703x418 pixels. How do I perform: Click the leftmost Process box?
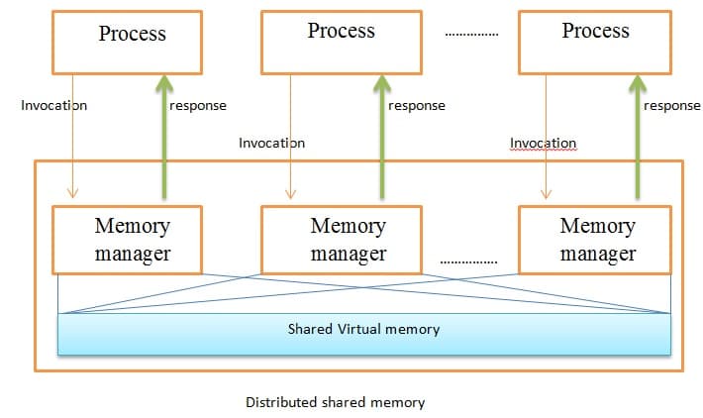tap(132, 43)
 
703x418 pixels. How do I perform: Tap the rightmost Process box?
tap(595, 43)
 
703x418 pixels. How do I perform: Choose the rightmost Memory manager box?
tap(597, 240)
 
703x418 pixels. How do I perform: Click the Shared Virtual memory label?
tap(363, 329)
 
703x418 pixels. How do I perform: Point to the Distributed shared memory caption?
tap(335, 403)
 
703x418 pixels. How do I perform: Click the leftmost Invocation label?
tap(53, 106)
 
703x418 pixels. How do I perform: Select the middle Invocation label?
tap(271, 143)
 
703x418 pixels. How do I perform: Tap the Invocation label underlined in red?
tap(543, 143)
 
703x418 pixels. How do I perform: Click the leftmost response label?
tap(198, 106)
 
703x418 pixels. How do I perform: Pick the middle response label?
tap(416, 106)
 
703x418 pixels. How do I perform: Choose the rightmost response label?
tap(671, 106)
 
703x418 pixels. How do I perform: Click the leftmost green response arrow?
tap(163, 139)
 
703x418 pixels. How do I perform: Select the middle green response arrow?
tap(381, 139)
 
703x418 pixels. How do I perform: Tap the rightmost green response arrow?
tap(636, 139)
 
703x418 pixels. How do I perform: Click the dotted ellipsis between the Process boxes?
tap(471, 36)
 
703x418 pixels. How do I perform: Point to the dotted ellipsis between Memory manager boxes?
tap(467, 262)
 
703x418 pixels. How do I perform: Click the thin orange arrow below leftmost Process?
tap(72, 139)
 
